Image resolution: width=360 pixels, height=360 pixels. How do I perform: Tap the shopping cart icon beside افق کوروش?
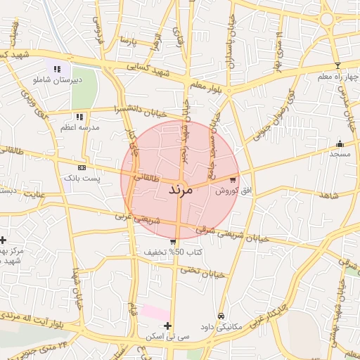tap(233, 179)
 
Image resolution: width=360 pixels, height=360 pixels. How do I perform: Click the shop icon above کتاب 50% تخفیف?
tap(174, 241)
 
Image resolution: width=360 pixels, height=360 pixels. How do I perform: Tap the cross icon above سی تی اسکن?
tap(167, 326)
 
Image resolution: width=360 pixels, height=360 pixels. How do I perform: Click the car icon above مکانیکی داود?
tap(221, 316)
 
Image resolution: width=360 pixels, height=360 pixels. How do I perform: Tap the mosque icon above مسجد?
tap(340, 143)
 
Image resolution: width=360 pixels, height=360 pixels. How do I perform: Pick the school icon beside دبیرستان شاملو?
tap(57, 69)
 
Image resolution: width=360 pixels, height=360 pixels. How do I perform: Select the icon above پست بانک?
tap(82, 168)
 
